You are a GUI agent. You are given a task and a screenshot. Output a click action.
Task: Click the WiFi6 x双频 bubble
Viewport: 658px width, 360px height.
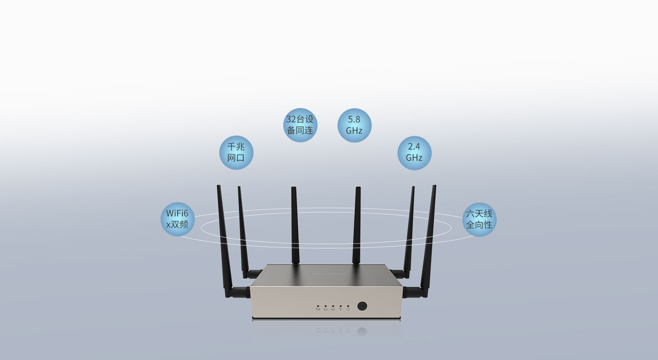tap(178, 219)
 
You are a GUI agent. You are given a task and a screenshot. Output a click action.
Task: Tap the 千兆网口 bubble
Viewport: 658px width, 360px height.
tap(236, 153)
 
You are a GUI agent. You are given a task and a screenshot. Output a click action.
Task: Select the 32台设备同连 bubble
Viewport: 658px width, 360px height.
tap(300, 125)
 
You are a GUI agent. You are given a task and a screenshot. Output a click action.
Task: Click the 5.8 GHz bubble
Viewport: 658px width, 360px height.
tap(354, 125)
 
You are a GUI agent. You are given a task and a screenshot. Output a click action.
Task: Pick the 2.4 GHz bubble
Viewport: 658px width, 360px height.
tap(414, 153)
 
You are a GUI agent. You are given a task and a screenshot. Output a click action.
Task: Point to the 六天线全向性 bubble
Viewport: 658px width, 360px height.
tap(479, 219)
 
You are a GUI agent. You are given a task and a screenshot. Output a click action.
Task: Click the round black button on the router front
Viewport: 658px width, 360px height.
tap(362, 306)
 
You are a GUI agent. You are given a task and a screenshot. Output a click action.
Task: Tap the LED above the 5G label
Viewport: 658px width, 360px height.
tap(325, 306)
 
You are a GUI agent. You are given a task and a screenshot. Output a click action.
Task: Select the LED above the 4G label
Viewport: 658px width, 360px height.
tap(333, 306)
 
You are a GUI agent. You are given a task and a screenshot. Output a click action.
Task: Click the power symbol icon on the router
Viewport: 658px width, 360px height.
tap(348, 310)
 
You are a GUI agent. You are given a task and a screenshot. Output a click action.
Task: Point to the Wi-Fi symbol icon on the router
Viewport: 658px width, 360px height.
tap(340, 310)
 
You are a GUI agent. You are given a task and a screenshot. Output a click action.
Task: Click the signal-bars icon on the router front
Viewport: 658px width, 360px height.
tap(318, 310)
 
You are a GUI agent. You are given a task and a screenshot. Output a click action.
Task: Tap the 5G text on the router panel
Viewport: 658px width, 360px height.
tap(325, 310)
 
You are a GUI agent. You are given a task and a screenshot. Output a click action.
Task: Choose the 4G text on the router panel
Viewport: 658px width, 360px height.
tap(333, 310)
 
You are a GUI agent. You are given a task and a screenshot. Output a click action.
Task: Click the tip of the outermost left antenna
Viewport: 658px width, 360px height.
tap(218, 187)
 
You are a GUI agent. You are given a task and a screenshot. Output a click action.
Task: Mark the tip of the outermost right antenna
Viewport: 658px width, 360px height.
tap(435, 187)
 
